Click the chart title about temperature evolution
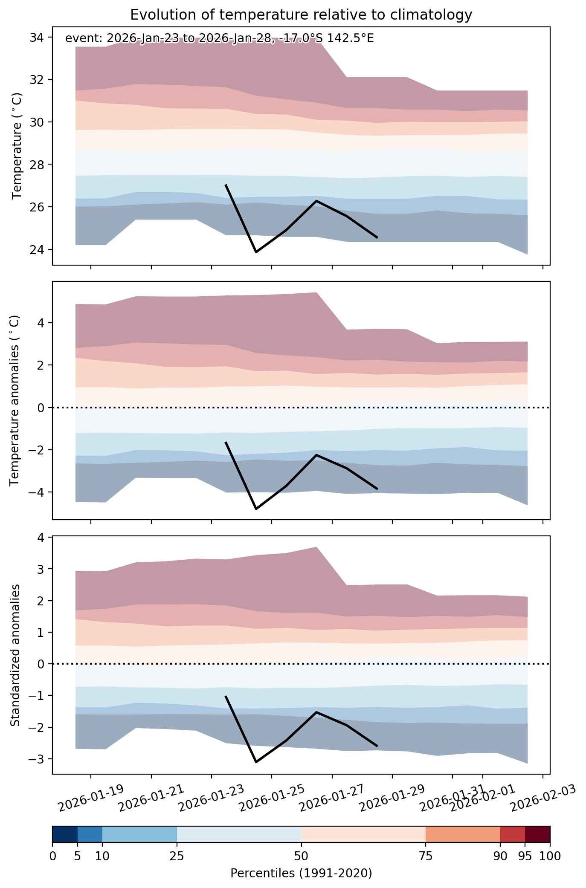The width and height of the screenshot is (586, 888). tap(301, 15)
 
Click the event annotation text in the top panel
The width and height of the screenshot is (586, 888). tap(219, 38)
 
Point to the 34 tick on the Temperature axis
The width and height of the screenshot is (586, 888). tap(36, 38)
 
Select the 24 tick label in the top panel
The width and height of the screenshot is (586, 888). tap(36, 249)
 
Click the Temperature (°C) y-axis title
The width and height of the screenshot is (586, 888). tap(17, 146)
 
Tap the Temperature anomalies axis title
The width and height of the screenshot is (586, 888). tap(15, 400)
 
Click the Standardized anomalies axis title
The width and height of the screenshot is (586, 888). tap(15, 655)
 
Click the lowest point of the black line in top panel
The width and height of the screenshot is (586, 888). tap(256, 252)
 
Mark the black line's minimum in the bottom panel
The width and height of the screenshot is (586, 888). tap(256, 762)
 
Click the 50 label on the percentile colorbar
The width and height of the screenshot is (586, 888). tap(302, 856)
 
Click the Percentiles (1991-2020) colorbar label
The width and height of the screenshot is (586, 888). tap(301, 874)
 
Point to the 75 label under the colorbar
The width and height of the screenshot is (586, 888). tap(426, 856)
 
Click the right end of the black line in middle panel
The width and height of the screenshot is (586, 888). tap(377, 489)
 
